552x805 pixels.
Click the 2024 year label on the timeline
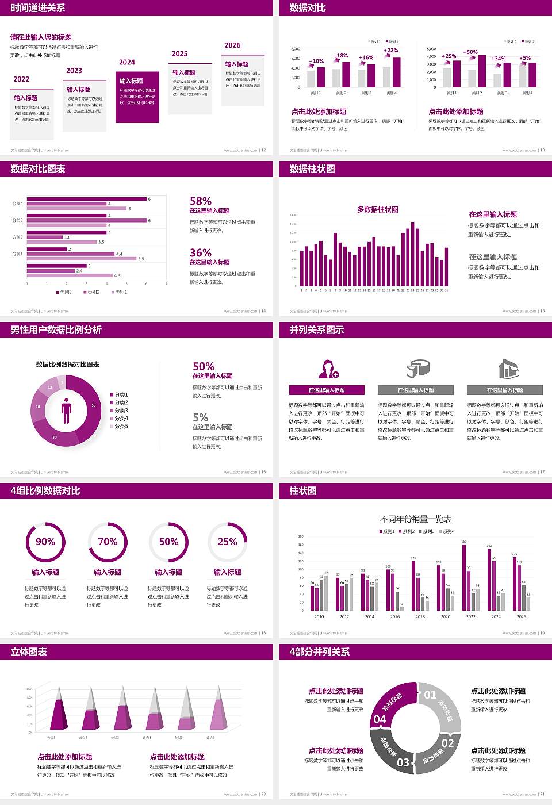pyautogui.click(x=127, y=62)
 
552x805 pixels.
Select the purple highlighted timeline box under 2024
pyautogui.click(x=137, y=97)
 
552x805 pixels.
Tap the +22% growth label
pyautogui.click(x=390, y=50)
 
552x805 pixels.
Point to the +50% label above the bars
pyautogui.click(x=470, y=52)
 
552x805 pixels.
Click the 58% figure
pyautogui.click(x=201, y=201)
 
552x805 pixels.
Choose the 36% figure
pyautogui.click(x=201, y=252)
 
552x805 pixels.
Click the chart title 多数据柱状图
pyautogui.click(x=378, y=209)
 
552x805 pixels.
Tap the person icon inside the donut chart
pyautogui.click(x=66, y=410)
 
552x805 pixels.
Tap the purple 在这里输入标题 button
pyautogui.click(x=327, y=390)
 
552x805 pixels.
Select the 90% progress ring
pyautogui.click(x=45, y=542)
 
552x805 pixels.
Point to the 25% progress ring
pyautogui.click(x=227, y=542)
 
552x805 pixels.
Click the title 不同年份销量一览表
pyautogui.click(x=416, y=519)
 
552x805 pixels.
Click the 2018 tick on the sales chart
pyautogui.click(x=420, y=616)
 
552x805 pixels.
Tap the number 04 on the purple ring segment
pyautogui.click(x=379, y=719)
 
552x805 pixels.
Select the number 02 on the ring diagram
pyautogui.click(x=448, y=743)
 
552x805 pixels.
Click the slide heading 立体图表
pyautogui.click(x=29, y=651)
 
